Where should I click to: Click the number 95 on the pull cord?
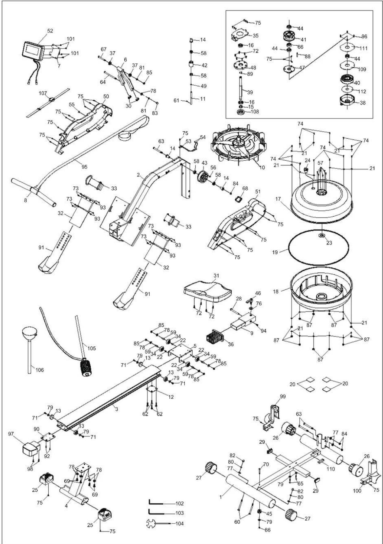[x=84, y=167]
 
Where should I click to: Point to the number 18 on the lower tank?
[x=276, y=292]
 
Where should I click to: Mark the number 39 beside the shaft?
[x=250, y=92]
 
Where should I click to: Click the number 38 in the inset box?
[x=362, y=103]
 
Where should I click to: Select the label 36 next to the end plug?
[x=231, y=344]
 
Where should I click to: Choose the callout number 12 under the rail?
[x=171, y=397]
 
